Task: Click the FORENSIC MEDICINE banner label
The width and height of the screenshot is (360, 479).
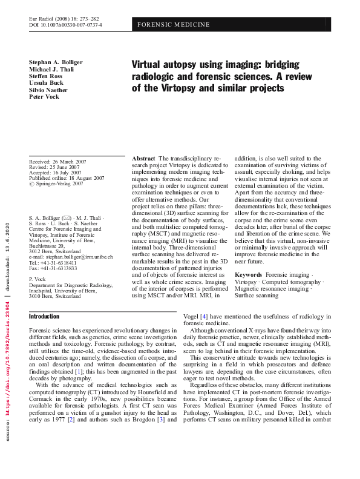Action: pos(174,25)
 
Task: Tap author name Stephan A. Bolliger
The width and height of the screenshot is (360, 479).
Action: pos(56,62)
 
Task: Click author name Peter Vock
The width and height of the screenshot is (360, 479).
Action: pos(44,97)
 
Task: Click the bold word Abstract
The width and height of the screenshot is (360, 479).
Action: pos(143,158)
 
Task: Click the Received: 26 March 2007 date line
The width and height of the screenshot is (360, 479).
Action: pos(57,162)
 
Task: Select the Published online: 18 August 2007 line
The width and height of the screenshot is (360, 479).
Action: pos(67,178)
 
